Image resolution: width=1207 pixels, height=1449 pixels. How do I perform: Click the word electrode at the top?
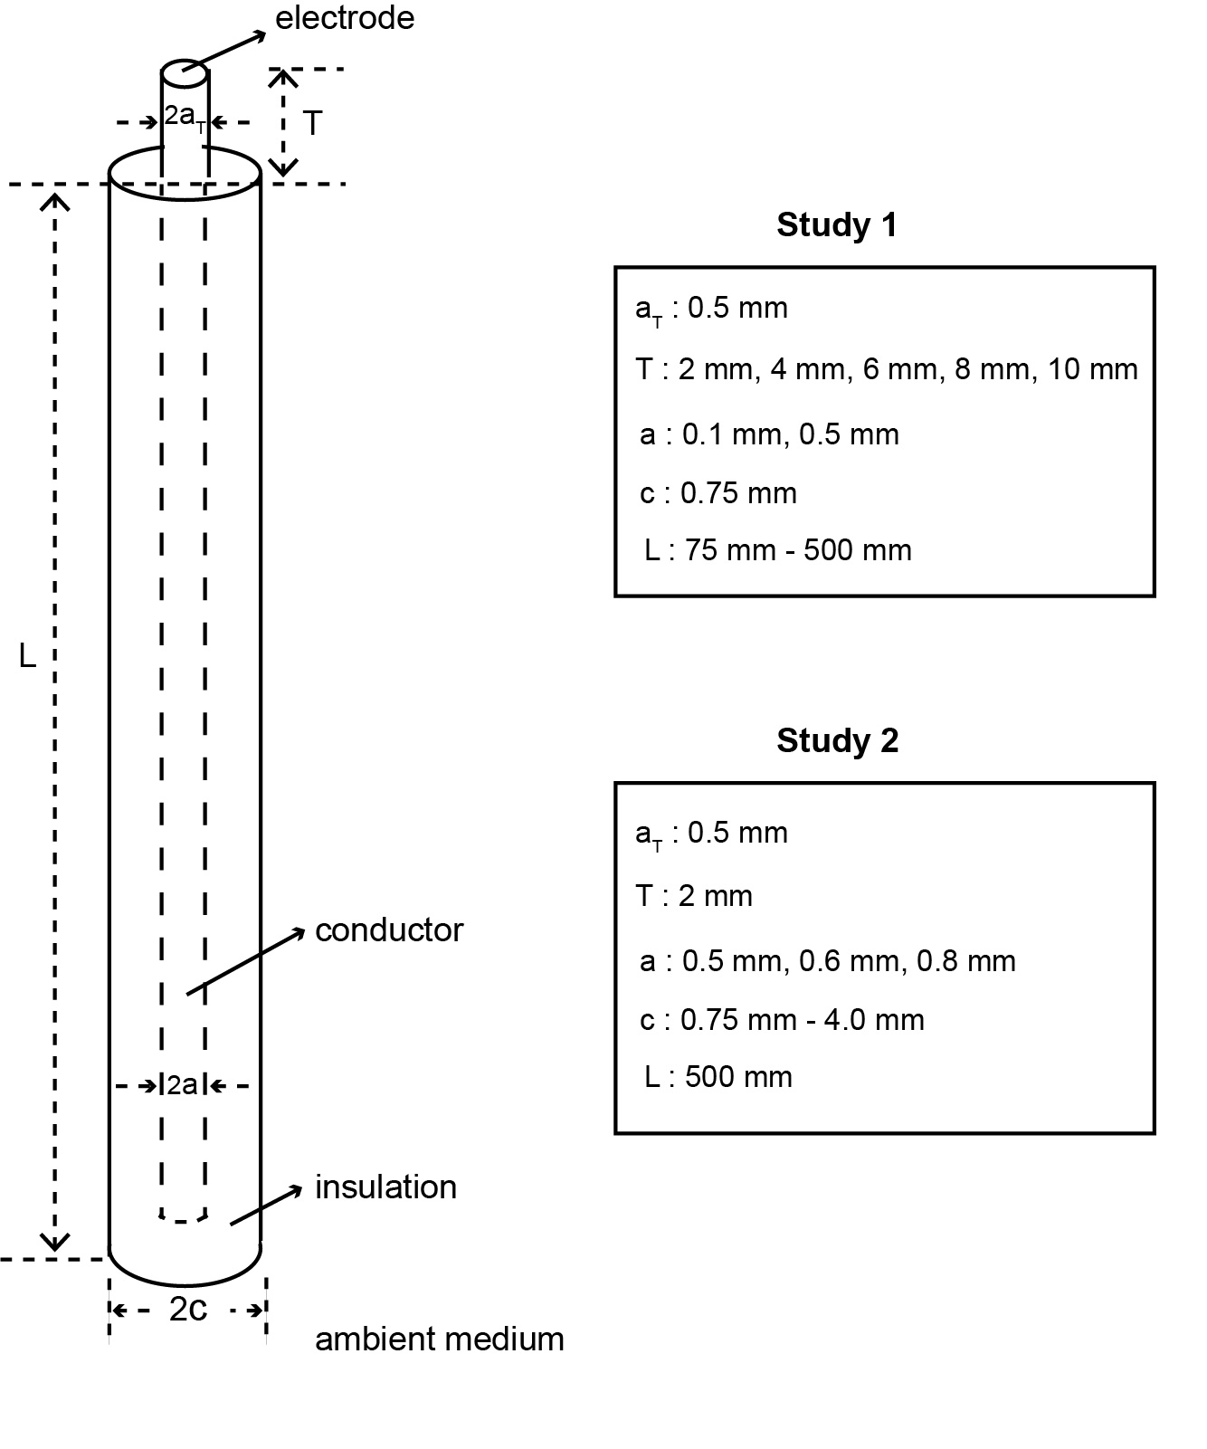point(345,18)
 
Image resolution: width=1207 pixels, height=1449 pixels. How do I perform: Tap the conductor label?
point(389,930)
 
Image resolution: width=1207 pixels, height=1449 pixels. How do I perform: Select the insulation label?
point(385,1187)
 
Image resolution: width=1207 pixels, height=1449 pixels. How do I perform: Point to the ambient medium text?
point(439,1339)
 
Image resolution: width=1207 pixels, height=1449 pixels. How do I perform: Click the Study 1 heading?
point(837,224)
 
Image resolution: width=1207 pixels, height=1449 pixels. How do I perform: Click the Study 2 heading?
point(837,740)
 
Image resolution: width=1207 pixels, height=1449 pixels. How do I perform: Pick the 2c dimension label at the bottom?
point(188,1309)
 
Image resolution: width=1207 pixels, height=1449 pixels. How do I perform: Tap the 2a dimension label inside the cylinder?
point(182,1084)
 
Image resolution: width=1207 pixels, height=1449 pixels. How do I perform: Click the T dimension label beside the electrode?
point(312,123)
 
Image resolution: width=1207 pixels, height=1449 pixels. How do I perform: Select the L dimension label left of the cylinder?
point(28,655)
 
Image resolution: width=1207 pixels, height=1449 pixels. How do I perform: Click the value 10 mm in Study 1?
point(1093,369)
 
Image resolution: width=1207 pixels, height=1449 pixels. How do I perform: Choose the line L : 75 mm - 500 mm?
point(778,550)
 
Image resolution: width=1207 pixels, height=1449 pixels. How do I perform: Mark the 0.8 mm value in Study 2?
point(966,961)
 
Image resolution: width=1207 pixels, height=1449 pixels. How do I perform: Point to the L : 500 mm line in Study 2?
point(718,1077)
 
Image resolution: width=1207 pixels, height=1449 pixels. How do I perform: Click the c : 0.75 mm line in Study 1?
point(718,493)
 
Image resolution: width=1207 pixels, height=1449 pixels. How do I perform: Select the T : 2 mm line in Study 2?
point(695,896)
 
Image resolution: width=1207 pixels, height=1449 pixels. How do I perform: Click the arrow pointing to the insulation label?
point(267,1206)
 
